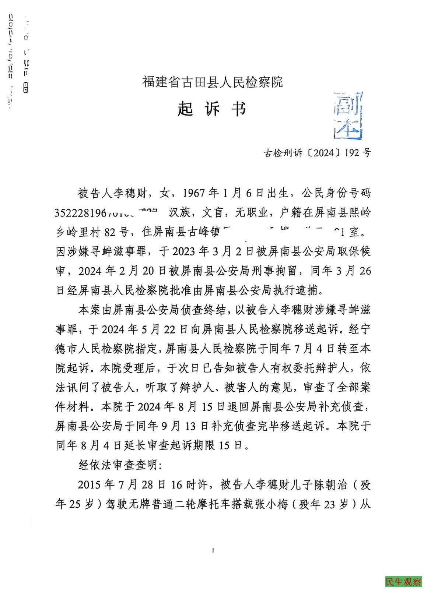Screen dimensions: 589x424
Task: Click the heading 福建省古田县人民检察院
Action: tap(213, 82)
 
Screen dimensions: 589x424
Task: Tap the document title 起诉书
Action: tap(211, 109)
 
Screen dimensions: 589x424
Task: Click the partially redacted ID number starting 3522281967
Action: tap(106, 213)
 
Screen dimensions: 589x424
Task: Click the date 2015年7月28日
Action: tap(119, 484)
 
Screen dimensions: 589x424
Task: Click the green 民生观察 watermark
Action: tap(403, 582)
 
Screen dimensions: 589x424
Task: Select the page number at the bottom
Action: tap(213, 551)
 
